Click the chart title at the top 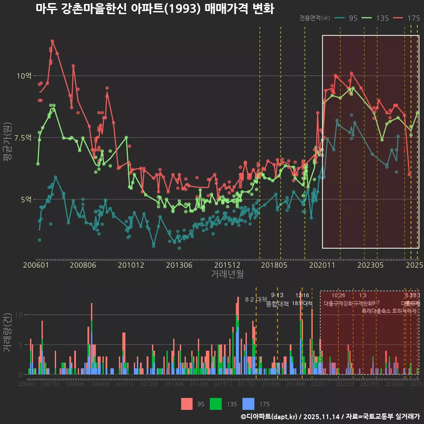pyautogui.click(x=155, y=8)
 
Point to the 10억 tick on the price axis pyautogui.click(x=24, y=76)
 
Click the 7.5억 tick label pyautogui.click(x=22, y=137)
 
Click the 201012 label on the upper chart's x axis pyautogui.click(x=131, y=265)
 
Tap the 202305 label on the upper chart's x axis pyautogui.click(x=370, y=265)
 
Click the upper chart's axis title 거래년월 pyautogui.click(x=227, y=274)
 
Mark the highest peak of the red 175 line pyautogui.click(x=52, y=41)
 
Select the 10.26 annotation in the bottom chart pyautogui.click(x=338, y=295)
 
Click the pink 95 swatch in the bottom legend pyautogui.click(x=187, y=404)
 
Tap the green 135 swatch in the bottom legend pyautogui.click(x=216, y=404)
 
